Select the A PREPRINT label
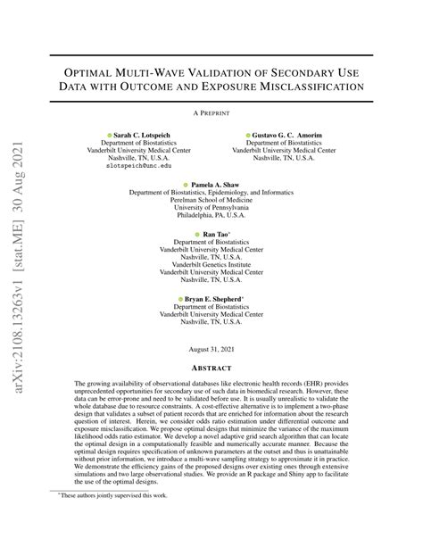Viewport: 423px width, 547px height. coord(211,114)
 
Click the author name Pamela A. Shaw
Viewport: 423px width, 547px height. coord(215,185)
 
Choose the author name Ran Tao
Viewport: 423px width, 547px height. coord(215,234)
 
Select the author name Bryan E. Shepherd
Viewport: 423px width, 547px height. coord(218,300)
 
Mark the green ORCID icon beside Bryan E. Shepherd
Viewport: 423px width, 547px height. coord(178,300)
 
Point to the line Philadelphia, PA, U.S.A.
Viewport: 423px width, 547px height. coord(211,215)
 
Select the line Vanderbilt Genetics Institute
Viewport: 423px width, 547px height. coord(211,265)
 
